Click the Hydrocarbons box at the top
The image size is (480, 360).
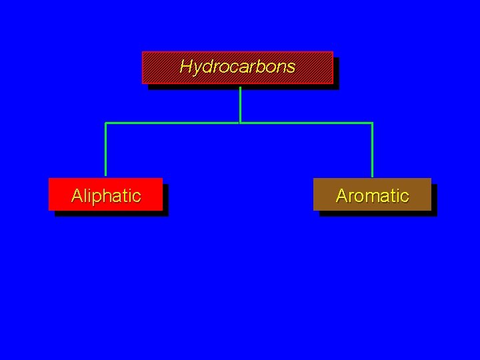[x=237, y=67]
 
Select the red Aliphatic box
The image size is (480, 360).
[x=105, y=195]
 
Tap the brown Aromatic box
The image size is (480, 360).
[x=372, y=195]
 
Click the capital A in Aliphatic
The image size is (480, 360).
[x=77, y=196]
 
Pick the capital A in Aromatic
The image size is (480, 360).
[x=342, y=196]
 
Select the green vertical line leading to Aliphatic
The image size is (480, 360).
[x=105, y=150]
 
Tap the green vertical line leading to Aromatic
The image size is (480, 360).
[x=372, y=150]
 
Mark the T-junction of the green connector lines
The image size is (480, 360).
[x=240, y=123]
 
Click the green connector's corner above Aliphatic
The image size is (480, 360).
[x=105, y=123]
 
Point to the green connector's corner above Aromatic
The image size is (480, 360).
[x=372, y=123]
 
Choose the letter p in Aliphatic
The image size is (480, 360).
[x=99, y=198]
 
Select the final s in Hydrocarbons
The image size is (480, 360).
[x=291, y=68]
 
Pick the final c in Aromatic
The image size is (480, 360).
[x=405, y=197]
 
